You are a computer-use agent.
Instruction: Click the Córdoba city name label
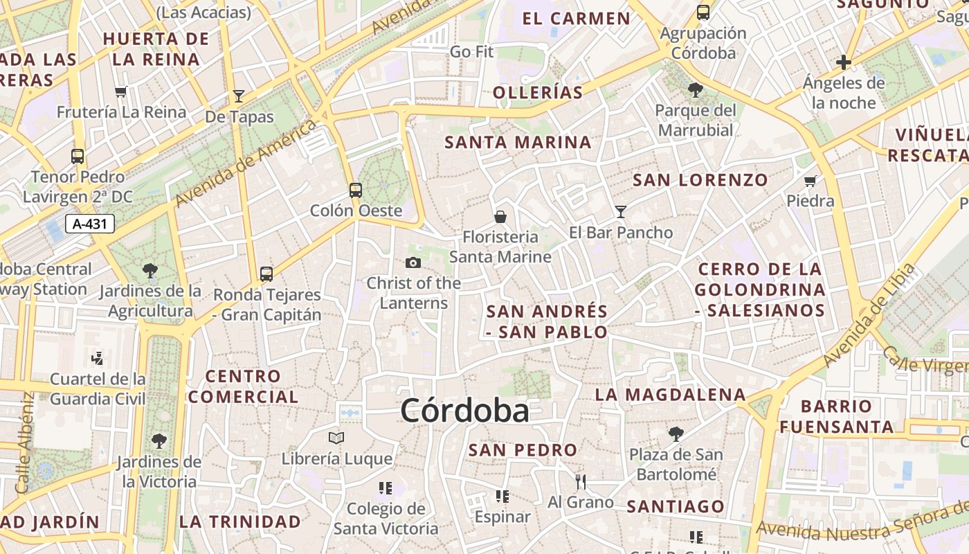464,411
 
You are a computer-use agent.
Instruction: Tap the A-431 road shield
90,224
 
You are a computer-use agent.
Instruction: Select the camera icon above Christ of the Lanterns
413,262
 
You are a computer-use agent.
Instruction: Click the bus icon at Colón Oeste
356,190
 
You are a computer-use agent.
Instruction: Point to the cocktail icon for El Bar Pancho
621,212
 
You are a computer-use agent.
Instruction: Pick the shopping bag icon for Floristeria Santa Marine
500,217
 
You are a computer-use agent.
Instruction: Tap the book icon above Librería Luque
336,438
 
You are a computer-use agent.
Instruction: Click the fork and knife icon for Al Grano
581,481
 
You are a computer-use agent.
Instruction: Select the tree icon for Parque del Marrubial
696,90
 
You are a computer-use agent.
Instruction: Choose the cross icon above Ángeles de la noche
844,62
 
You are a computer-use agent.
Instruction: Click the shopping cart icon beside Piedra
810,181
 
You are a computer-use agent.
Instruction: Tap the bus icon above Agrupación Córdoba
703,12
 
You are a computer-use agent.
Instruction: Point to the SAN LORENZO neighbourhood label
700,181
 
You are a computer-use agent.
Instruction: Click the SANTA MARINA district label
518,143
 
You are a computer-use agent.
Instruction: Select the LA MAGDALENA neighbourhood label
671,395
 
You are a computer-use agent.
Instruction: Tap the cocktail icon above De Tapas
239,96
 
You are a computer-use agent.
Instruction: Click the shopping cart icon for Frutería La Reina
122,91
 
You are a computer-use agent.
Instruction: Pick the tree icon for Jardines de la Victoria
159,440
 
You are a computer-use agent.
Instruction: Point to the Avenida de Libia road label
870,316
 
